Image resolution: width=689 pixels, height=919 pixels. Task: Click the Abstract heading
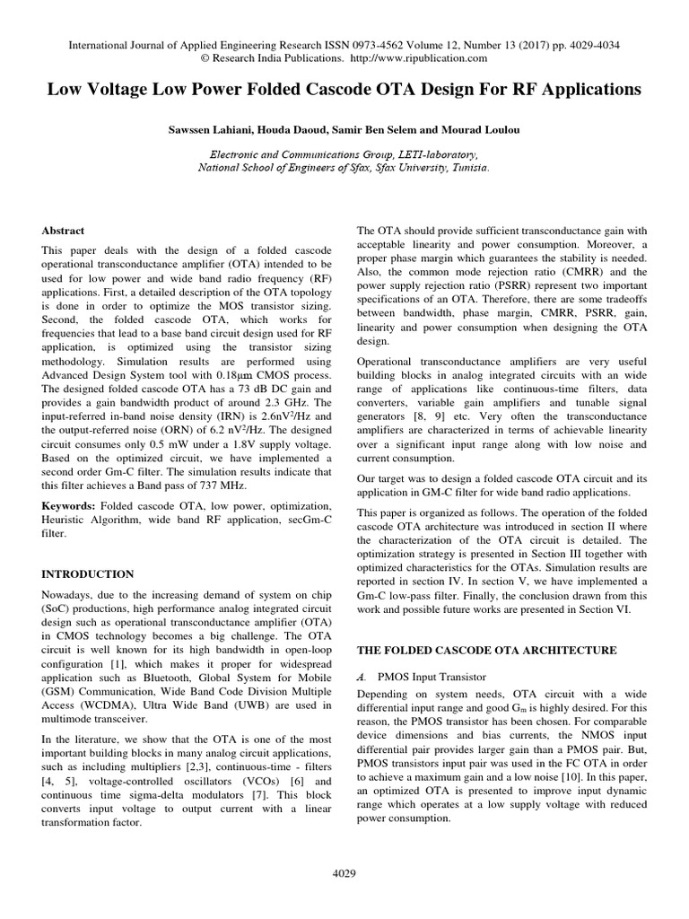63,231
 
